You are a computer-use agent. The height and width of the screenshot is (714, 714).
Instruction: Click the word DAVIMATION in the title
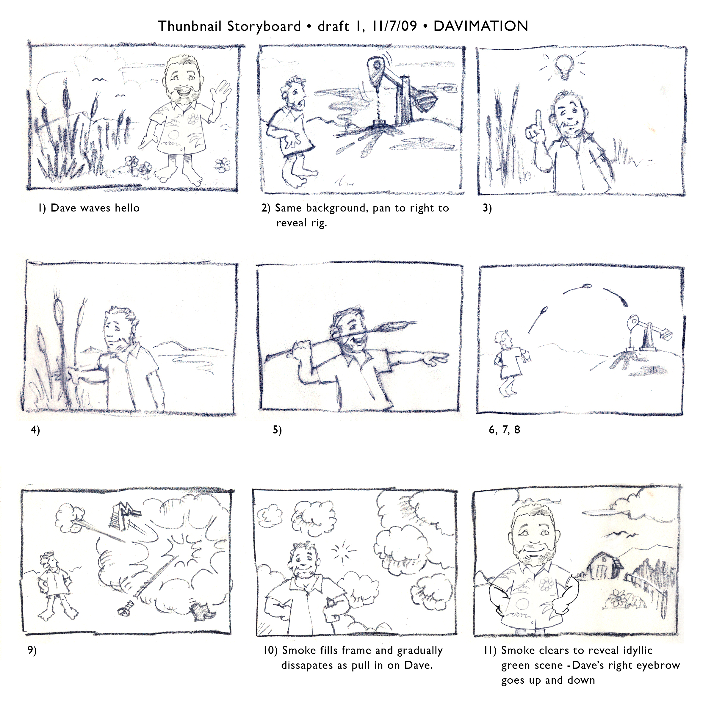480,26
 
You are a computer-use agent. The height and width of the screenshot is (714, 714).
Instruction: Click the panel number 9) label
32,650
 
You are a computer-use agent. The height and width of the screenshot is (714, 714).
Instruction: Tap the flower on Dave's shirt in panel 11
545,584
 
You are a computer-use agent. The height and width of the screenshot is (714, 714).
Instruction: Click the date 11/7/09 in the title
395,26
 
